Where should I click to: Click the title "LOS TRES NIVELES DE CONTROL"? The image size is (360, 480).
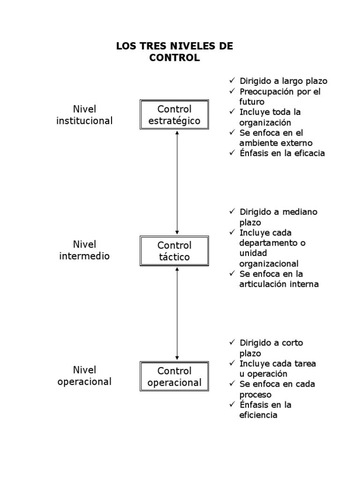tap(174, 52)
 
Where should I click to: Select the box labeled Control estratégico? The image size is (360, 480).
tap(174, 115)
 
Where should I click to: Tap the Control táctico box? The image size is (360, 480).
tap(174, 251)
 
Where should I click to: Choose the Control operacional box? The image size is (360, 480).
tap(174, 376)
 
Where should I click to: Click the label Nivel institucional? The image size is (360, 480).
tap(84, 115)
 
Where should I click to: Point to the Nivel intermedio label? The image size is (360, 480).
tap(84, 250)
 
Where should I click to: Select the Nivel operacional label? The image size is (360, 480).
tap(84, 376)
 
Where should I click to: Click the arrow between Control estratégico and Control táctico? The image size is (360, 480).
tap(177, 183)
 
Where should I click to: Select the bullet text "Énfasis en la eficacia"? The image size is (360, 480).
tap(282, 153)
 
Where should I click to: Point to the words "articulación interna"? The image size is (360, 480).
tap(278, 284)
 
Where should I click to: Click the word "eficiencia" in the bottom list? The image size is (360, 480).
tap(258, 415)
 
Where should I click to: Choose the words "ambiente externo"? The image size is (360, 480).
tap(276, 143)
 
